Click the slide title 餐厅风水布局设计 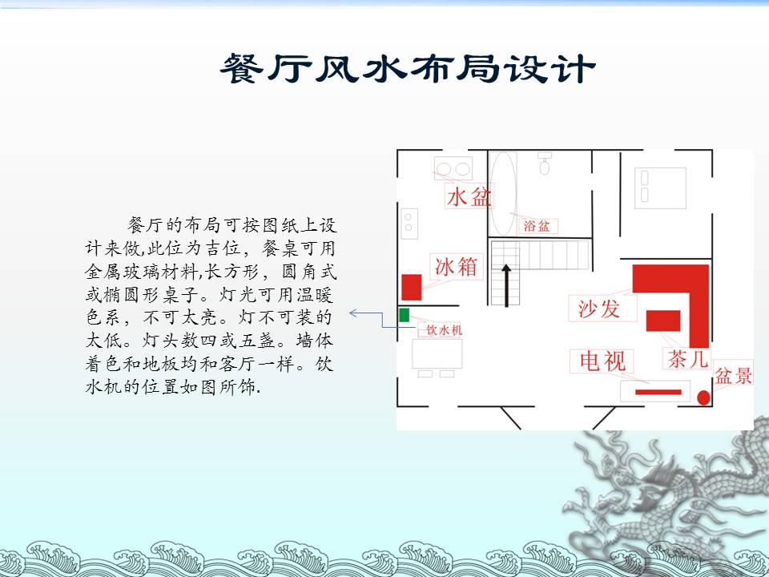click(x=408, y=68)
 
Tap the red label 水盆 click(x=469, y=197)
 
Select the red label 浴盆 click(x=537, y=226)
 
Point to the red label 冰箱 click(x=456, y=267)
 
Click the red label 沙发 click(x=599, y=309)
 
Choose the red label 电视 click(x=602, y=361)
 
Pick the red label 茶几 click(x=687, y=359)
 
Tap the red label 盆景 click(x=733, y=376)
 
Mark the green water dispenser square click(x=404, y=315)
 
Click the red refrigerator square click(x=412, y=287)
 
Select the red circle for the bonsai click(x=704, y=397)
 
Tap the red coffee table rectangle click(x=663, y=321)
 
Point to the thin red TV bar click(x=658, y=392)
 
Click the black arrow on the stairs click(x=506, y=285)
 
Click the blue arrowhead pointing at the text click(x=353, y=313)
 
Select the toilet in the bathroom click(x=545, y=163)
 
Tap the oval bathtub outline click(x=503, y=193)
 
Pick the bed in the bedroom click(x=660, y=188)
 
